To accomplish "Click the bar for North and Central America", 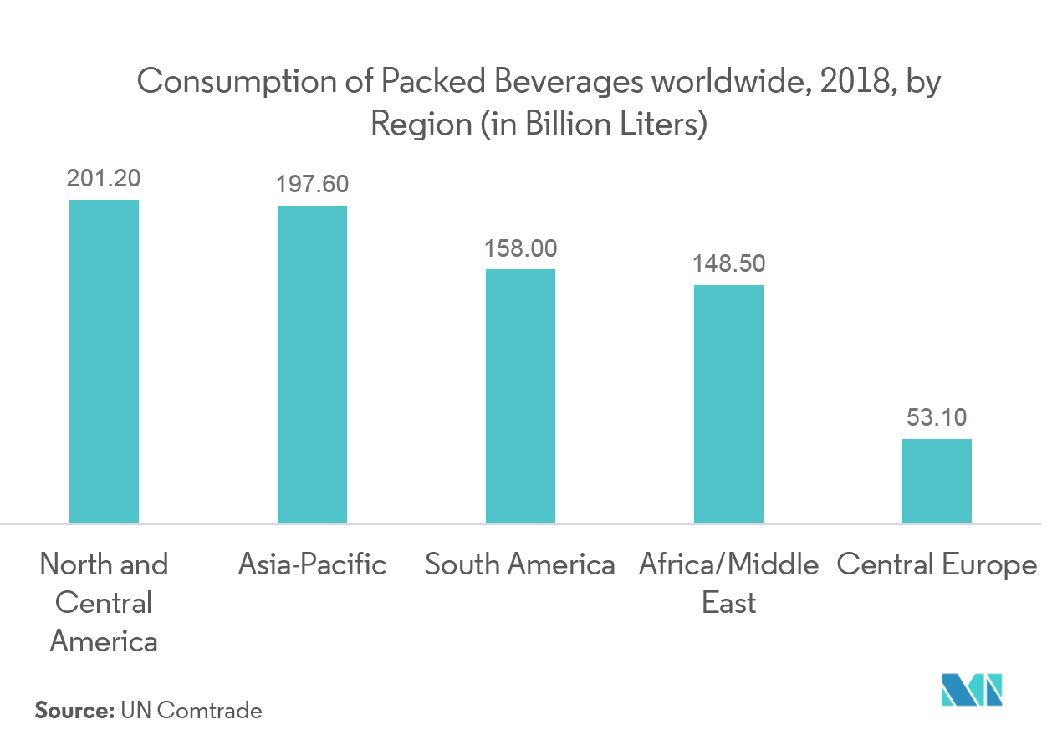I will coord(104,361).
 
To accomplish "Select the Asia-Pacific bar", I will coord(312,365).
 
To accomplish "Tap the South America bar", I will coord(520,396).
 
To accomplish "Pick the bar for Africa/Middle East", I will coord(728,405).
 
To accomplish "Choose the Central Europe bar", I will coord(937,482).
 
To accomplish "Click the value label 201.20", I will coord(104,178).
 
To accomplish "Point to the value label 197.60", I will coord(312,184).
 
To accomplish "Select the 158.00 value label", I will coord(520,248).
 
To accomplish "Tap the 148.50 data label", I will coord(728,264).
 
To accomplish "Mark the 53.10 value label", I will coord(937,417).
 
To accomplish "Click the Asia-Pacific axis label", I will coord(312,564).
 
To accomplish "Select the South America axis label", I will coord(520,564).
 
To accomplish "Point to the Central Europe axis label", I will coord(937,565).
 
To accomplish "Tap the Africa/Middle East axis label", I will coord(728,583).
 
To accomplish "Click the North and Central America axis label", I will coord(104,602).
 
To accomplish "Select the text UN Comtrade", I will coord(192,711).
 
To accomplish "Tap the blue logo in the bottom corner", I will coord(971,690).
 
